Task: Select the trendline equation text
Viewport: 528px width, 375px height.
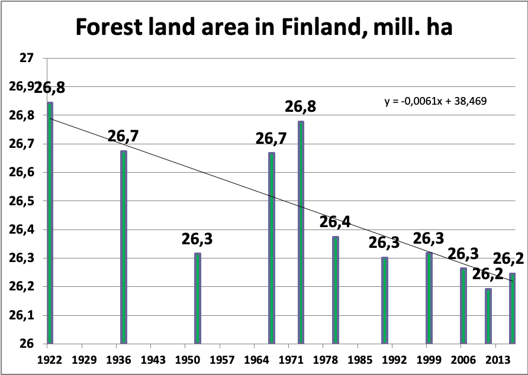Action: click(436, 101)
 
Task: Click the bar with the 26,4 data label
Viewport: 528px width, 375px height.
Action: click(335, 290)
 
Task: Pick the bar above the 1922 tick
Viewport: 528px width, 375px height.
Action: click(50, 222)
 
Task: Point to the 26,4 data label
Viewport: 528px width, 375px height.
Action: click(335, 223)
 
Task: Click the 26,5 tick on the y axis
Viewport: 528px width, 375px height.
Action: click(24, 201)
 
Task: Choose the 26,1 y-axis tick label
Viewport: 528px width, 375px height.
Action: click(24, 316)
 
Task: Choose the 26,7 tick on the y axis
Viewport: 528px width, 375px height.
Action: click(24, 144)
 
